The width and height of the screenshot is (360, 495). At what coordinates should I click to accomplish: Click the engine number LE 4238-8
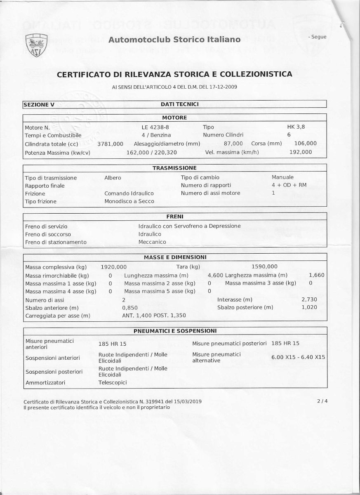pyautogui.click(x=155, y=127)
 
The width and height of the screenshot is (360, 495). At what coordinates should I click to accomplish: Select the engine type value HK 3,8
pyautogui.click(x=296, y=127)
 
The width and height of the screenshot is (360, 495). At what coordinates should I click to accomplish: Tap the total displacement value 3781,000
pyautogui.click(x=111, y=144)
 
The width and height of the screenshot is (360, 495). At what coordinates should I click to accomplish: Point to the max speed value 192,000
pyautogui.click(x=301, y=152)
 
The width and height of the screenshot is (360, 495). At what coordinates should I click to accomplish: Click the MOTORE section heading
pyautogui.click(x=174, y=118)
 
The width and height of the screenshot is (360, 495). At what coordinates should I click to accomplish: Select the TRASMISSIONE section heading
pyautogui.click(x=174, y=168)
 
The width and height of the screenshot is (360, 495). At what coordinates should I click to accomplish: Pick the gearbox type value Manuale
pyautogui.click(x=283, y=177)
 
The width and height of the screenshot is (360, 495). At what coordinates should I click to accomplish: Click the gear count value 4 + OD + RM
pyautogui.click(x=289, y=185)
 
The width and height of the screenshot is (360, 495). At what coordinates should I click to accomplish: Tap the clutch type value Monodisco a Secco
pyautogui.click(x=129, y=201)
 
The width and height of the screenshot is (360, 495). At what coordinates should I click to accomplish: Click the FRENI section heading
pyautogui.click(x=175, y=217)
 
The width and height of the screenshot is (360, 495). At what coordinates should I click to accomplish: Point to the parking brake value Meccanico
pyautogui.click(x=152, y=242)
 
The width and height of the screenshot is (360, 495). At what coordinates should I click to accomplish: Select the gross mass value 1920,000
pyautogui.click(x=114, y=267)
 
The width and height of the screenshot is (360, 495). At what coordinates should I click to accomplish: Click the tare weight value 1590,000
pyautogui.click(x=264, y=267)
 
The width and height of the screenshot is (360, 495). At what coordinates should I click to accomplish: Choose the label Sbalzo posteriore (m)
pyautogui.click(x=245, y=307)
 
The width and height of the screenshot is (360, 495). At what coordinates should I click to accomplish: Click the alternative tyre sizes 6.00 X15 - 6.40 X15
pyautogui.click(x=299, y=357)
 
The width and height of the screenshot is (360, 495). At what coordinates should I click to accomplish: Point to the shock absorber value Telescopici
pyautogui.click(x=113, y=382)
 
